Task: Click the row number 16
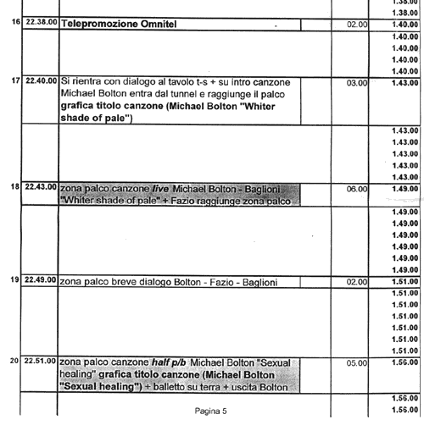[16, 21]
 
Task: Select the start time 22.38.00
[42, 22]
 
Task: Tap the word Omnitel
[159, 24]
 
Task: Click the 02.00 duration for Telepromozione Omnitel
[357, 25]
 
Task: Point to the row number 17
[16, 80]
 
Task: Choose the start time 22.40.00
[42, 80]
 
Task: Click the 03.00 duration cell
[357, 83]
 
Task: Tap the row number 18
[15, 186]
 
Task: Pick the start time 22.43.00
[41, 186]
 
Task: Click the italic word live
[160, 189]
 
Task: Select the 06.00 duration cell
[357, 189]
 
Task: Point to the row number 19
[15, 279]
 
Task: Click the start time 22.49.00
[41, 279]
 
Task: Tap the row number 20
[14, 361]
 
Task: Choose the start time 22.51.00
[40, 361]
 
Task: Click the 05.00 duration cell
[357, 363]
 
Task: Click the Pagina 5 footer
[210, 411]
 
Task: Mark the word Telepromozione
[100, 25]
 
